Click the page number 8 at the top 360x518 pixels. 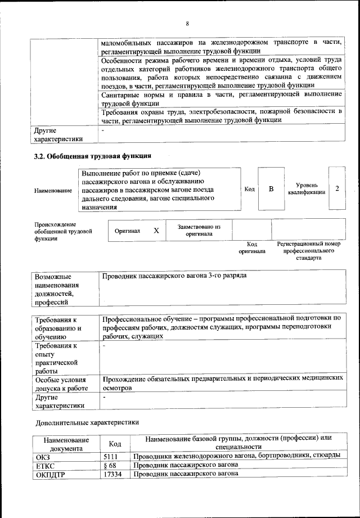pos(187,23)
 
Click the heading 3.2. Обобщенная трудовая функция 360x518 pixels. pos(93,155)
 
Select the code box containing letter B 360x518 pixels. pos(271,189)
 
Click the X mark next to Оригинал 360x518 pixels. pos(156,231)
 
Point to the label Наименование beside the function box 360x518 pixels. pos(53,191)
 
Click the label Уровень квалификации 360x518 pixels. pos(307,188)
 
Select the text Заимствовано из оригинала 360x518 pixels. pos(199,230)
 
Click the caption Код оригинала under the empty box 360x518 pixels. pos(252,248)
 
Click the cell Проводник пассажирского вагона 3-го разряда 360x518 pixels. pos(174,276)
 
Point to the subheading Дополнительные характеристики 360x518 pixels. pos(87,421)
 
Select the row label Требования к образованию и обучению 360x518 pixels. pos(59,327)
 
